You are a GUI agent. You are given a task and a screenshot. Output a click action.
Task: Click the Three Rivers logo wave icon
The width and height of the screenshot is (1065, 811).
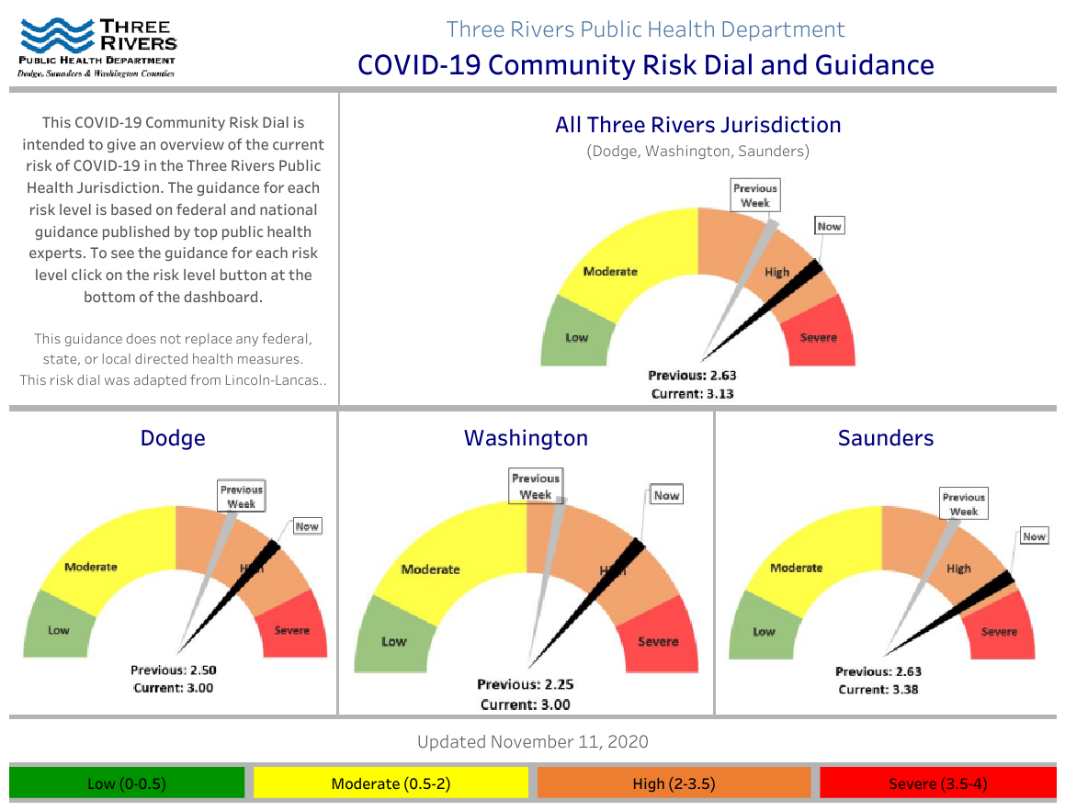[55, 37]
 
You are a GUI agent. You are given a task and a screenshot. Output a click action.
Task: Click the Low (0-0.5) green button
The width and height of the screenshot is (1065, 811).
[127, 783]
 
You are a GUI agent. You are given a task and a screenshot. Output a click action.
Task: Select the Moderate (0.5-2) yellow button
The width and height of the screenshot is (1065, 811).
[391, 783]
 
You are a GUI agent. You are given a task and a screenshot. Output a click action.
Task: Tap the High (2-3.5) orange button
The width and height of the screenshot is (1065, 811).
[674, 783]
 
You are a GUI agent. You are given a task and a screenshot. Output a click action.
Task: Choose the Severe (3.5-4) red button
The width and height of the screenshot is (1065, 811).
[937, 783]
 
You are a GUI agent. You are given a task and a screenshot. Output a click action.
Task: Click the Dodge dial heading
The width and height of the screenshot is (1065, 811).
[173, 438]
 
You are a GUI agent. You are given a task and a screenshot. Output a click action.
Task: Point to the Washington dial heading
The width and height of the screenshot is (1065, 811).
[526, 438]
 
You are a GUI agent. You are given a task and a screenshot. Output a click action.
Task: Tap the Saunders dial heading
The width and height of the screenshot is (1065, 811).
[885, 438]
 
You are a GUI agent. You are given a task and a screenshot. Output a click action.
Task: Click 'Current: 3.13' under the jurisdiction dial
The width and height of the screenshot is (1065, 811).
[693, 393]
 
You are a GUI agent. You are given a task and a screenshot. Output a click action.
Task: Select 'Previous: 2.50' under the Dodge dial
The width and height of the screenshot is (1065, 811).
[174, 670]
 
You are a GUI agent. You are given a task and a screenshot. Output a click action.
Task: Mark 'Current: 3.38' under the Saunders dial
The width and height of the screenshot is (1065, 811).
[878, 689]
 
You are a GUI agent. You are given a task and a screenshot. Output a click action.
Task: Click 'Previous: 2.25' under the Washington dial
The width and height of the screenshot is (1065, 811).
[525, 684]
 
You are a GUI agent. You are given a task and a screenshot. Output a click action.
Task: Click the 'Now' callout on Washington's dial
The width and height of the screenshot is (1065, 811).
[666, 495]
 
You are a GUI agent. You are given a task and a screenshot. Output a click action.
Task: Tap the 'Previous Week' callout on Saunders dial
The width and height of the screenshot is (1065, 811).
[964, 504]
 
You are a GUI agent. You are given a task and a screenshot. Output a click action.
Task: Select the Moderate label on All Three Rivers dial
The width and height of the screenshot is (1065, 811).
[610, 271]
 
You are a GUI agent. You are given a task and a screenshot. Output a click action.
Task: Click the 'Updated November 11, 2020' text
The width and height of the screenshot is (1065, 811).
[533, 742]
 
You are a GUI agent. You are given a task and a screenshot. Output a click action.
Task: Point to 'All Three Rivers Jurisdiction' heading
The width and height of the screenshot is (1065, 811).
[697, 125]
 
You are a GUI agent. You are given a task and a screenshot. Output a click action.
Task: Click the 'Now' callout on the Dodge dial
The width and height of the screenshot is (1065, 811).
[307, 526]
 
